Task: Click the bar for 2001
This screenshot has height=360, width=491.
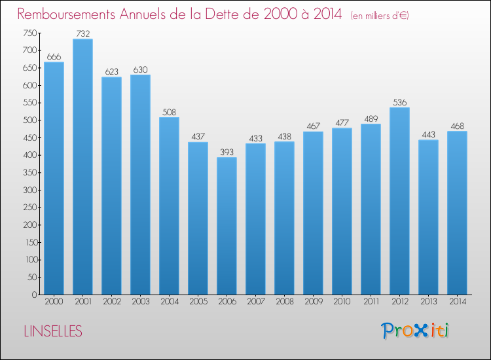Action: point(82,167)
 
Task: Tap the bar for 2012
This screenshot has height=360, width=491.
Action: point(399,201)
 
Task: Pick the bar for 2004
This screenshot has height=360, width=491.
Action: point(169,206)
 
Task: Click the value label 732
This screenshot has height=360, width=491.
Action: point(82,33)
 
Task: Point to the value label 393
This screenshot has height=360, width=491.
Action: point(227,152)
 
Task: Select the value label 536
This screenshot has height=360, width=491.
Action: point(399,102)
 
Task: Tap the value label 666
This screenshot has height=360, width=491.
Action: point(54,57)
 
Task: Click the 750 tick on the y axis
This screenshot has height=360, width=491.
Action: point(29,33)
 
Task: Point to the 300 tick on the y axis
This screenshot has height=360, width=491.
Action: point(29,190)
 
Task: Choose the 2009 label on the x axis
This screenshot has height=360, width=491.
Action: point(313,301)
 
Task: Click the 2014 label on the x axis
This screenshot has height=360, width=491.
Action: point(457,301)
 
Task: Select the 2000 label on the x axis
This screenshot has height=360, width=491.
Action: point(54,301)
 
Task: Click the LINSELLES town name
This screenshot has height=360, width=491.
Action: point(52,332)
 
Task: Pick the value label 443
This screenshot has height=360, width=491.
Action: point(428,135)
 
